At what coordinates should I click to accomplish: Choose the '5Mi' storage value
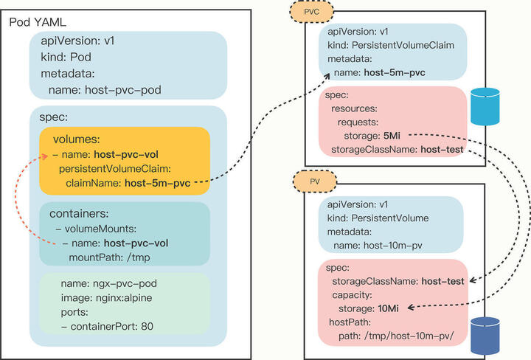pyautogui.click(x=392, y=136)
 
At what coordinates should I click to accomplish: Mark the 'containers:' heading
pyautogui.click(x=80, y=213)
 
